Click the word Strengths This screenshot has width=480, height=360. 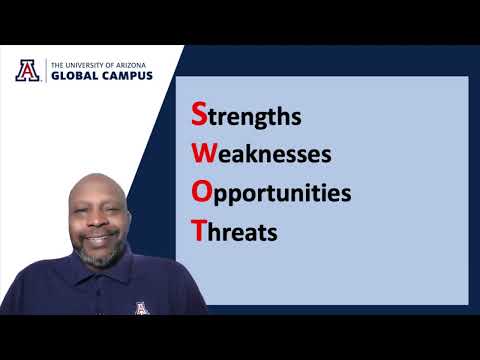pos(246,116)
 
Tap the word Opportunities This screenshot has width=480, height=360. pos(271,193)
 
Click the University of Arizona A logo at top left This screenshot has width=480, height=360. pos(28,70)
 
